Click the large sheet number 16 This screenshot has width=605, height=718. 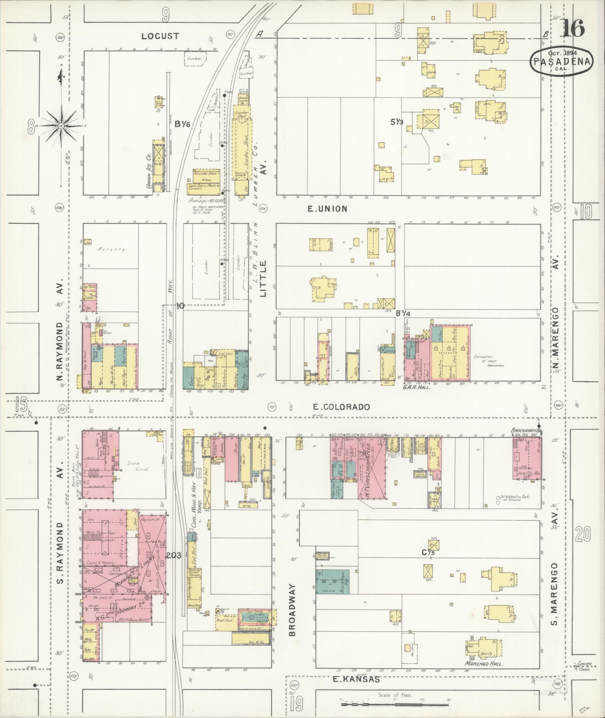coord(573,28)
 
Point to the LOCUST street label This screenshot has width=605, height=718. coord(161,36)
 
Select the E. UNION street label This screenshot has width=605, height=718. coord(327,209)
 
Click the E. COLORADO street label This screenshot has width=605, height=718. coord(341,407)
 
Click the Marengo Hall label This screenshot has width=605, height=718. coord(483,664)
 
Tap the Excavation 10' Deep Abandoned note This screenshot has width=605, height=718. coord(489,361)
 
